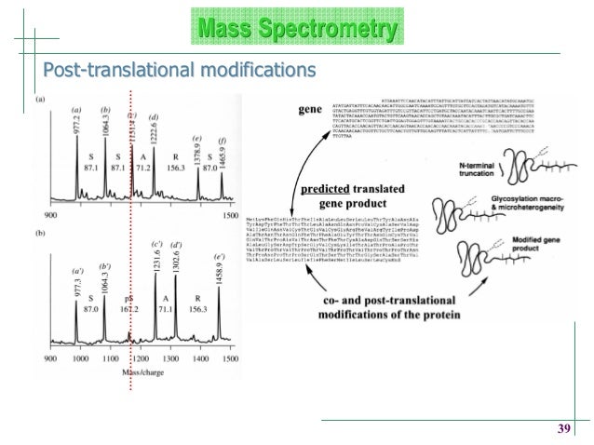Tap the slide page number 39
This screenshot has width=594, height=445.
coord(562,428)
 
